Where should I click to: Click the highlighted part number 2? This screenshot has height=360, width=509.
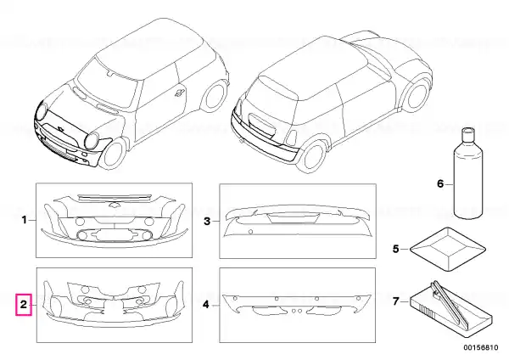point(24,305)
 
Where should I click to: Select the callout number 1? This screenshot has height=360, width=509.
point(25,220)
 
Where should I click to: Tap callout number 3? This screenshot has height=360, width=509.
point(207,222)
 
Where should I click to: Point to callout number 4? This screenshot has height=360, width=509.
point(206,305)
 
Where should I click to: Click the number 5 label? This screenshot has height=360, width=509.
point(395,249)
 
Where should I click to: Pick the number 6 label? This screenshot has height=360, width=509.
point(439,184)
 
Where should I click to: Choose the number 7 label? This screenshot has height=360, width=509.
point(395,301)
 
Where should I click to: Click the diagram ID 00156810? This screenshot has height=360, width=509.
point(481,347)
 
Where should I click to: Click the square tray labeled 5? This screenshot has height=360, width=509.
point(448,250)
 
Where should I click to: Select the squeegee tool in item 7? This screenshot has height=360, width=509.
point(449,303)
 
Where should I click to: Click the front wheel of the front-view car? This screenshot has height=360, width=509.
point(115,155)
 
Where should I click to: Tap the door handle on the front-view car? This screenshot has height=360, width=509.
point(179,93)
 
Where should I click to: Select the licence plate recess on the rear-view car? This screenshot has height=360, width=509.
point(262,124)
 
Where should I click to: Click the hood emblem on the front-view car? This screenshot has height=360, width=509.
point(60,128)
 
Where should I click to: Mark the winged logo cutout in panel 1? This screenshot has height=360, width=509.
point(115,205)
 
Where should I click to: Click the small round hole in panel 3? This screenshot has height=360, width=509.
point(250,232)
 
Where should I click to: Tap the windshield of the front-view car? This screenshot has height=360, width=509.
point(106,84)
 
